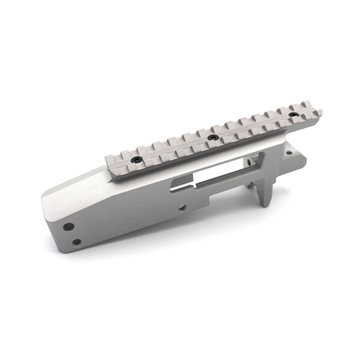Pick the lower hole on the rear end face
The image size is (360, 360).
tap(76, 242)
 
